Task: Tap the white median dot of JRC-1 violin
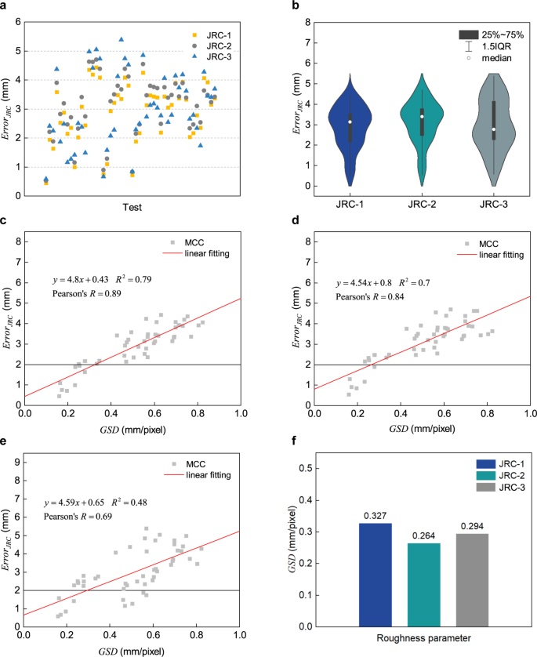[350, 122]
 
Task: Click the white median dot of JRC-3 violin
[494, 129]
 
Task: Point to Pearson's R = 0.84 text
[372, 297]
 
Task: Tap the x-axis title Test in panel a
[132, 206]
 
